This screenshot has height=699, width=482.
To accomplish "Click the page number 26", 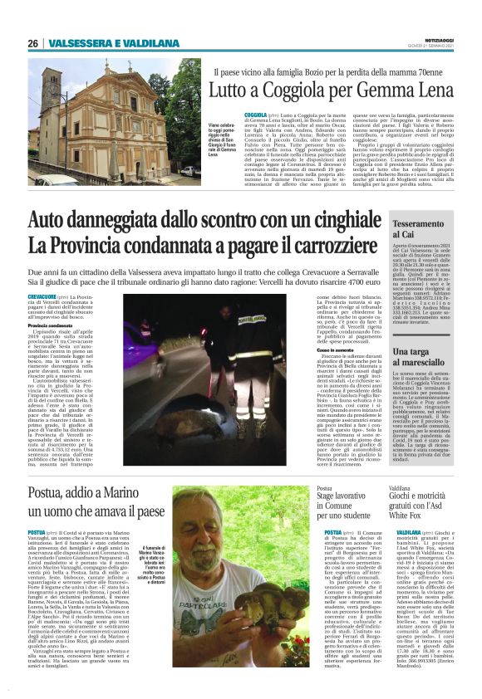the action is click(x=33, y=43).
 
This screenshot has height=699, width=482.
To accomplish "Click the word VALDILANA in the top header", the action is click(x=155, y=43).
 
